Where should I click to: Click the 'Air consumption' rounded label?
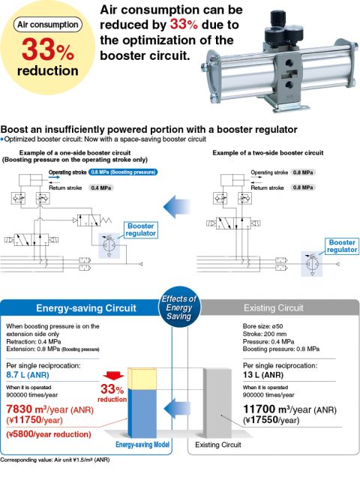pyautogui.click(x=48, y=25)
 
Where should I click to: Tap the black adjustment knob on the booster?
pyautogui.click(x=278, y=19)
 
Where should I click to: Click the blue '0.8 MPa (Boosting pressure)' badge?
pyautogui.click(x=123, y=172)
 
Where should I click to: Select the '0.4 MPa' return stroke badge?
pyautogui.click(x=101, y=187)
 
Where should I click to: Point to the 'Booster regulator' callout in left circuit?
pyautogui.click(x=141, y=229)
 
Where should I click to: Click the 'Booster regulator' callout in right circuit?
pyautogui.click(x=342, y=246)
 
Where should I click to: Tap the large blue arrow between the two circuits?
pyautogui.click(x=177, y=206)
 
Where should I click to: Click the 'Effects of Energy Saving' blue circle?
pyautogui.click(x=179, y=307)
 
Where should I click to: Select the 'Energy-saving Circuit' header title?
pyautogui.click(x=86, y=308)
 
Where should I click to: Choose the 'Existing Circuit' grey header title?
pyautogui.click(x=274, y=307)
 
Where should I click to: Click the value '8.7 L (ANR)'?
pyautogui.click(x=28, y=375)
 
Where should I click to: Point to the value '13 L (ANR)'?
pyautogui.click(x=263, y=375)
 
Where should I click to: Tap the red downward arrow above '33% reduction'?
pyautogui.click(x=113, y=376)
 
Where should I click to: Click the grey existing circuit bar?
pyautogui.click(x=217, y=403)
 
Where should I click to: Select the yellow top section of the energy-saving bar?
pyautogui.click(x=142, y=379)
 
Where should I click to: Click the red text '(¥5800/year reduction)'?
pyautogui.click(x=49, y=434)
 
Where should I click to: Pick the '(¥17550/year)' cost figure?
pyautogui.click(x=271, y=420)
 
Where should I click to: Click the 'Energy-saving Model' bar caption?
pyautogui.click(x=142, y=445)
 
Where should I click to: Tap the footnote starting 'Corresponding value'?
pyautogui.click(x=55, y=460)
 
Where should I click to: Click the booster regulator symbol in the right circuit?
pyautogui.click(x=312, y=263)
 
